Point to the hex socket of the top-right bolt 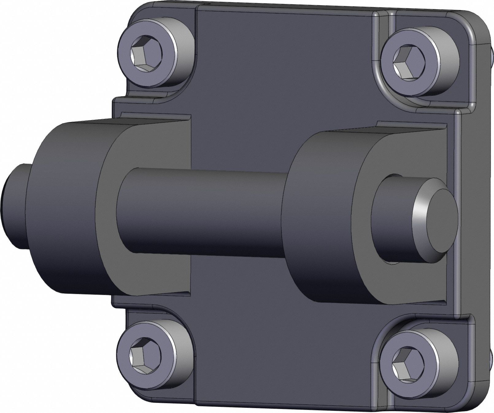407,61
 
